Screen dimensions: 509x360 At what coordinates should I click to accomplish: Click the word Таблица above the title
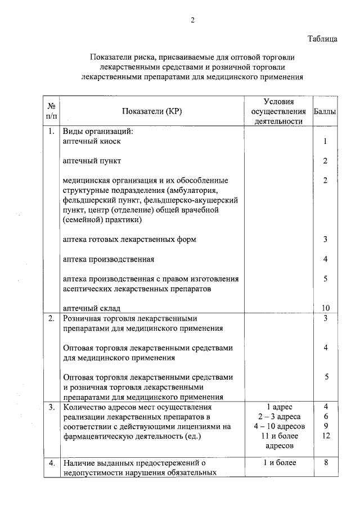322,39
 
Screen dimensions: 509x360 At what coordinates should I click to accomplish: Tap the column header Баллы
325,111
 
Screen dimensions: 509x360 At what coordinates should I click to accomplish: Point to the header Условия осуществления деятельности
279,111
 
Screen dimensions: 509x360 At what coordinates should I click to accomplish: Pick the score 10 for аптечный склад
325,308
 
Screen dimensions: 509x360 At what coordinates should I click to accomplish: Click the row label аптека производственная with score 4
109,259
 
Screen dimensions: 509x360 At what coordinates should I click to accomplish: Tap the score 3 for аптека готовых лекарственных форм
325,240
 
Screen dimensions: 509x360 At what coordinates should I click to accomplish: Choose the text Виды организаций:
97,132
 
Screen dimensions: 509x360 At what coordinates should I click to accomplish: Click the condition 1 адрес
279,406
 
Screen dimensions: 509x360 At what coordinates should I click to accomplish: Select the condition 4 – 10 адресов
279,426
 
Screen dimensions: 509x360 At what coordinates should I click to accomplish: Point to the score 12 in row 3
325,436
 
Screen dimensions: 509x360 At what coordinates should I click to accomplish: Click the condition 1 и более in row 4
279,463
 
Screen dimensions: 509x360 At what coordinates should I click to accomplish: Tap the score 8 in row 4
325,463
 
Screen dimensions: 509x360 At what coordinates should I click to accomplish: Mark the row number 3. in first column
51,406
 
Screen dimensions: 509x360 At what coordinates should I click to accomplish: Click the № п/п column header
51,111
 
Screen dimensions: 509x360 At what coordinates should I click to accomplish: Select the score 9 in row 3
325,426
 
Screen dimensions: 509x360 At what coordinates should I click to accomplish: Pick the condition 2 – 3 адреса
279,416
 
